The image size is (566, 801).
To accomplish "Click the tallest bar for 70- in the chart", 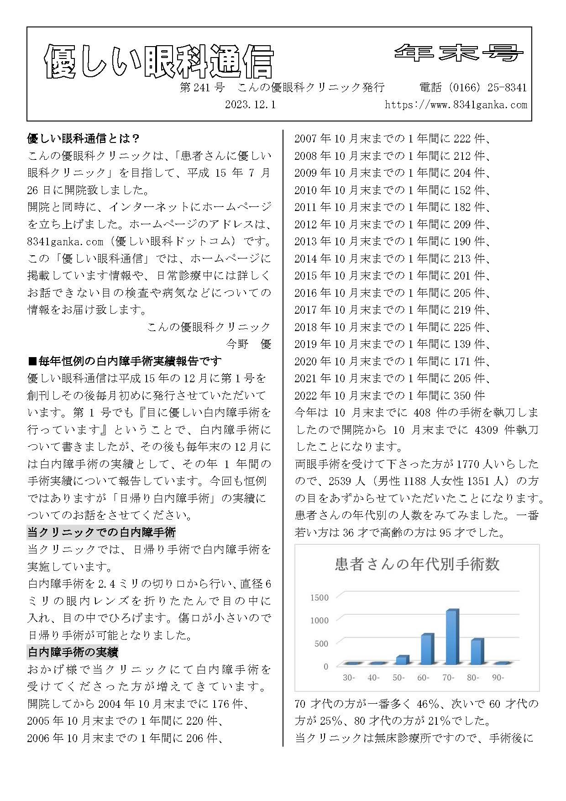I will point(452,637).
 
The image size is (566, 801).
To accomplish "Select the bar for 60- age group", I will point(427,649).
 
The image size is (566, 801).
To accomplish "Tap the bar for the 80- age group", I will point(477,652).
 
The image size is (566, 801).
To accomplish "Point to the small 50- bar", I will point(402,660).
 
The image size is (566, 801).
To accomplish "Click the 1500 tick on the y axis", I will point(319,598).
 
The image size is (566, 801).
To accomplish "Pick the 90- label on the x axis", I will point(498,678).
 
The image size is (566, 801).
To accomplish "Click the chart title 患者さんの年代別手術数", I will point(417,564).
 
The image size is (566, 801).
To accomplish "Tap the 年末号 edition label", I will point(458,53).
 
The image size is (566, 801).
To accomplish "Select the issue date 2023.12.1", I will point(250,105).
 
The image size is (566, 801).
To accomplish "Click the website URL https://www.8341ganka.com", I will point(456,105).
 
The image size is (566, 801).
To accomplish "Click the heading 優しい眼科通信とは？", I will point(84,138).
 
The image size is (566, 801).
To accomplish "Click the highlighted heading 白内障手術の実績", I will point(73,652).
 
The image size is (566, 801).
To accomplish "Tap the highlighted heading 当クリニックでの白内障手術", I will point(101,532).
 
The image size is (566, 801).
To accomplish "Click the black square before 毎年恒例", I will point(32,361).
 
